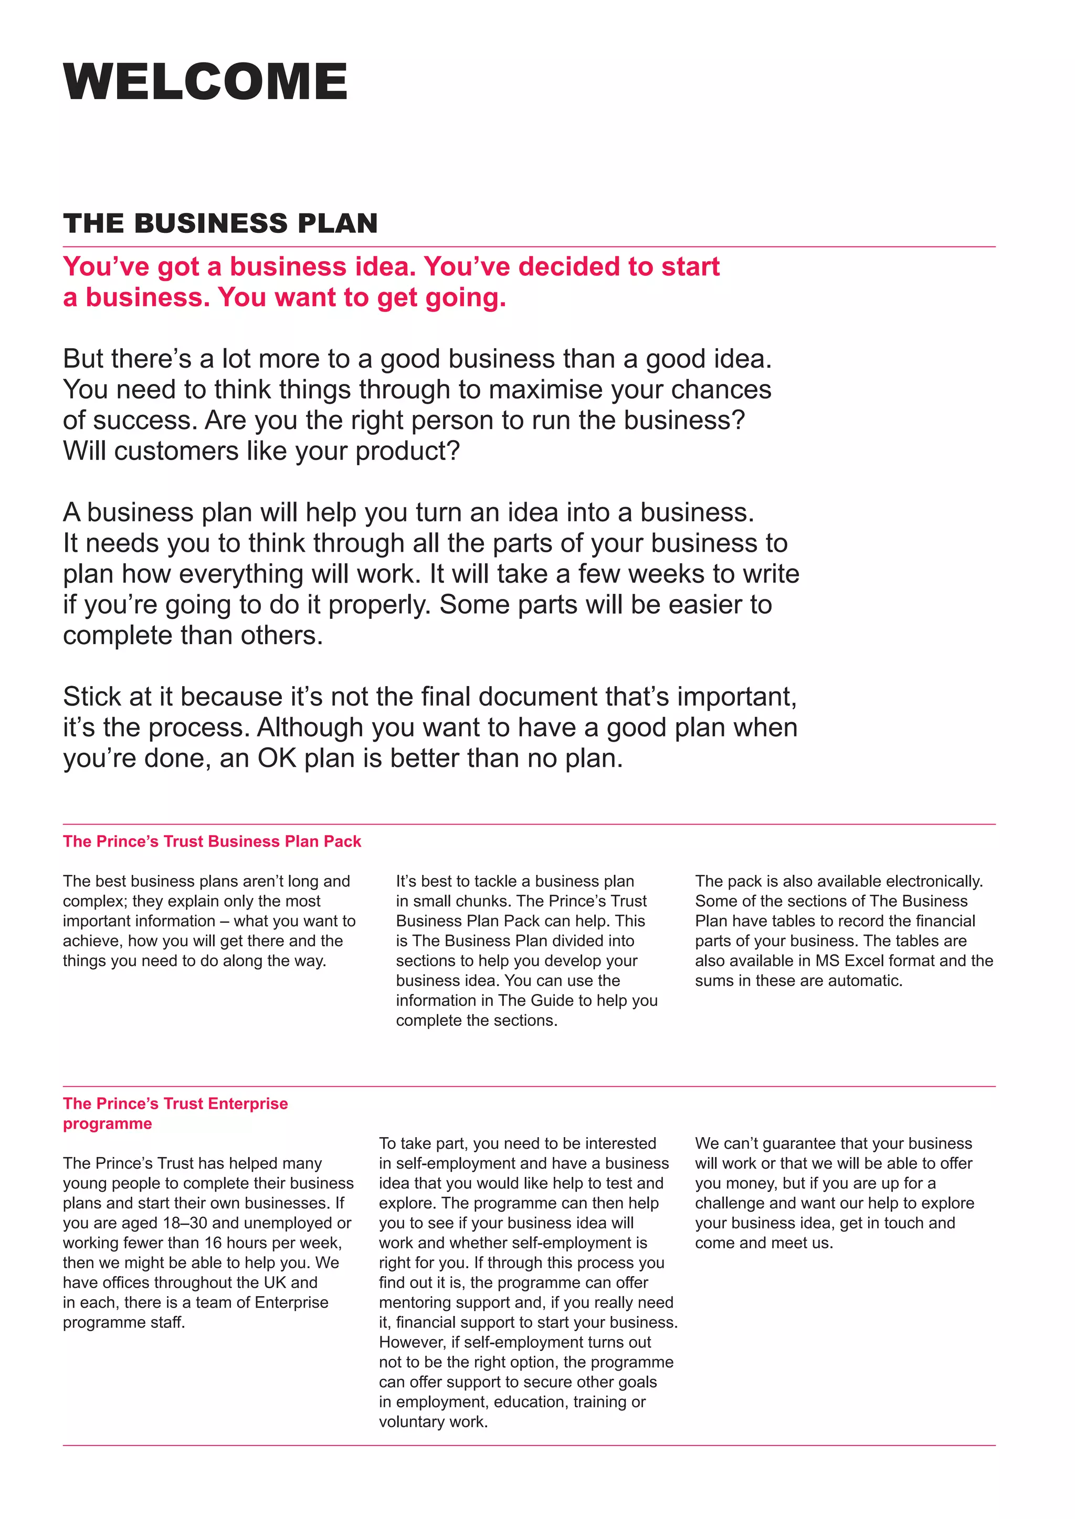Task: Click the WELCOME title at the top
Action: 205,81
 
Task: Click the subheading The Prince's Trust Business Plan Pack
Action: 212,841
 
